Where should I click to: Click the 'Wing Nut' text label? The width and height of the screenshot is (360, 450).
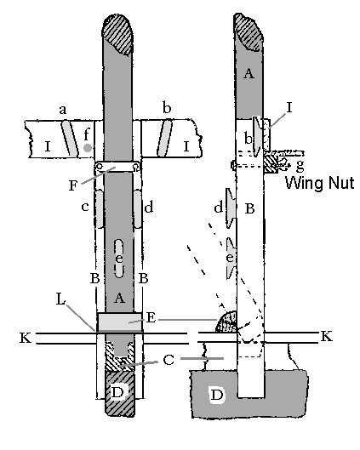click(319, 183)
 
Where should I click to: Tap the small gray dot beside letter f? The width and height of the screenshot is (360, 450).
click(88, 148)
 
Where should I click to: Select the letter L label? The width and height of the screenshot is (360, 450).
click(60, 299)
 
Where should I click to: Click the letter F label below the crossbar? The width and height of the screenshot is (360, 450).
click(73, 185)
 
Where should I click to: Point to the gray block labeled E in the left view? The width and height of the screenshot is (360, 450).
click(120, 322)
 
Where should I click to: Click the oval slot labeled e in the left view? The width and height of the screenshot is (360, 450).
click(119, 259)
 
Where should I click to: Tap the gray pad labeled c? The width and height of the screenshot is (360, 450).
click(100, 209)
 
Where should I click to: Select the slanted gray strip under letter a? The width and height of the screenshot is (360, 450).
click(71, 139)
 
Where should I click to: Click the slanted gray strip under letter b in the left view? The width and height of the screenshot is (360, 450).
click(164, 139)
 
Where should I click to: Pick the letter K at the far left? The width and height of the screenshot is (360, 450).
click(26, 338)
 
